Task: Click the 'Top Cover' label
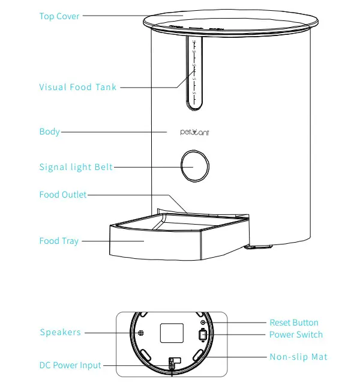tap(59, 16)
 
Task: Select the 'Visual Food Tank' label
tap(78, 87)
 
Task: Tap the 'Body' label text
tap(49, 132)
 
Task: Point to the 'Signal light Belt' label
tap(76, 167)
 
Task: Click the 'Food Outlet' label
tap(63, 195)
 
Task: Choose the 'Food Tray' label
tap(59, 241)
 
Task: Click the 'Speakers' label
tap(61, 332)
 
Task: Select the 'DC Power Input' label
tap(70, 365)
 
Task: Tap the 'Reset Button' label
tap(294, 323)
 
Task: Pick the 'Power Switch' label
tap(296, 335)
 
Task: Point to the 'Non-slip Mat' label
tap(298, 357)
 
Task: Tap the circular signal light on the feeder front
tap(194, 164)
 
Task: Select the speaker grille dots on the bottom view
tap(141, 333)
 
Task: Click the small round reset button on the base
tap(203, 323)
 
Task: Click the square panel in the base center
tap(172, 332)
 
